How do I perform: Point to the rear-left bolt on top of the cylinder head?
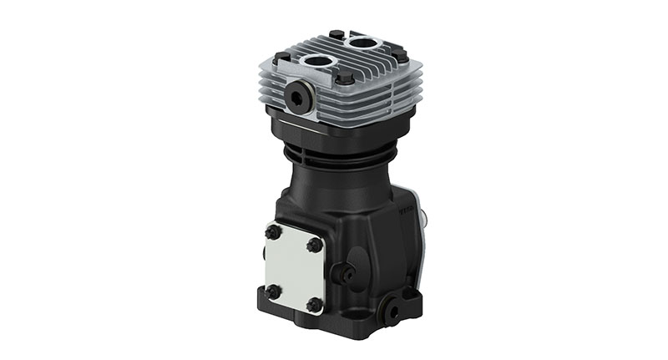335,35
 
